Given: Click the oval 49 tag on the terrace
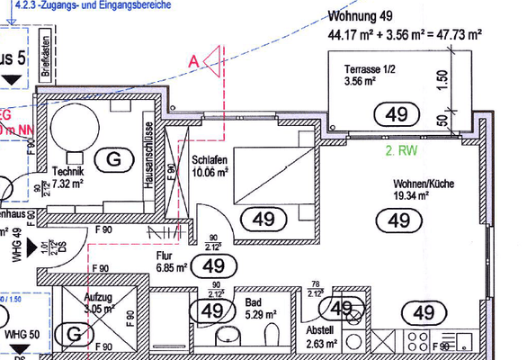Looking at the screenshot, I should click(396, 114).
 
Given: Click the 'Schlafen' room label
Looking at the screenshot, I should click(209, 158).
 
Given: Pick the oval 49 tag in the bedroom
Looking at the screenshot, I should click(263, 218).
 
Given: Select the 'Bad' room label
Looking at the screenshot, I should click(253, 303).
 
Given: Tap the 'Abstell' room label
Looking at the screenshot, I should click(319, 329).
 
